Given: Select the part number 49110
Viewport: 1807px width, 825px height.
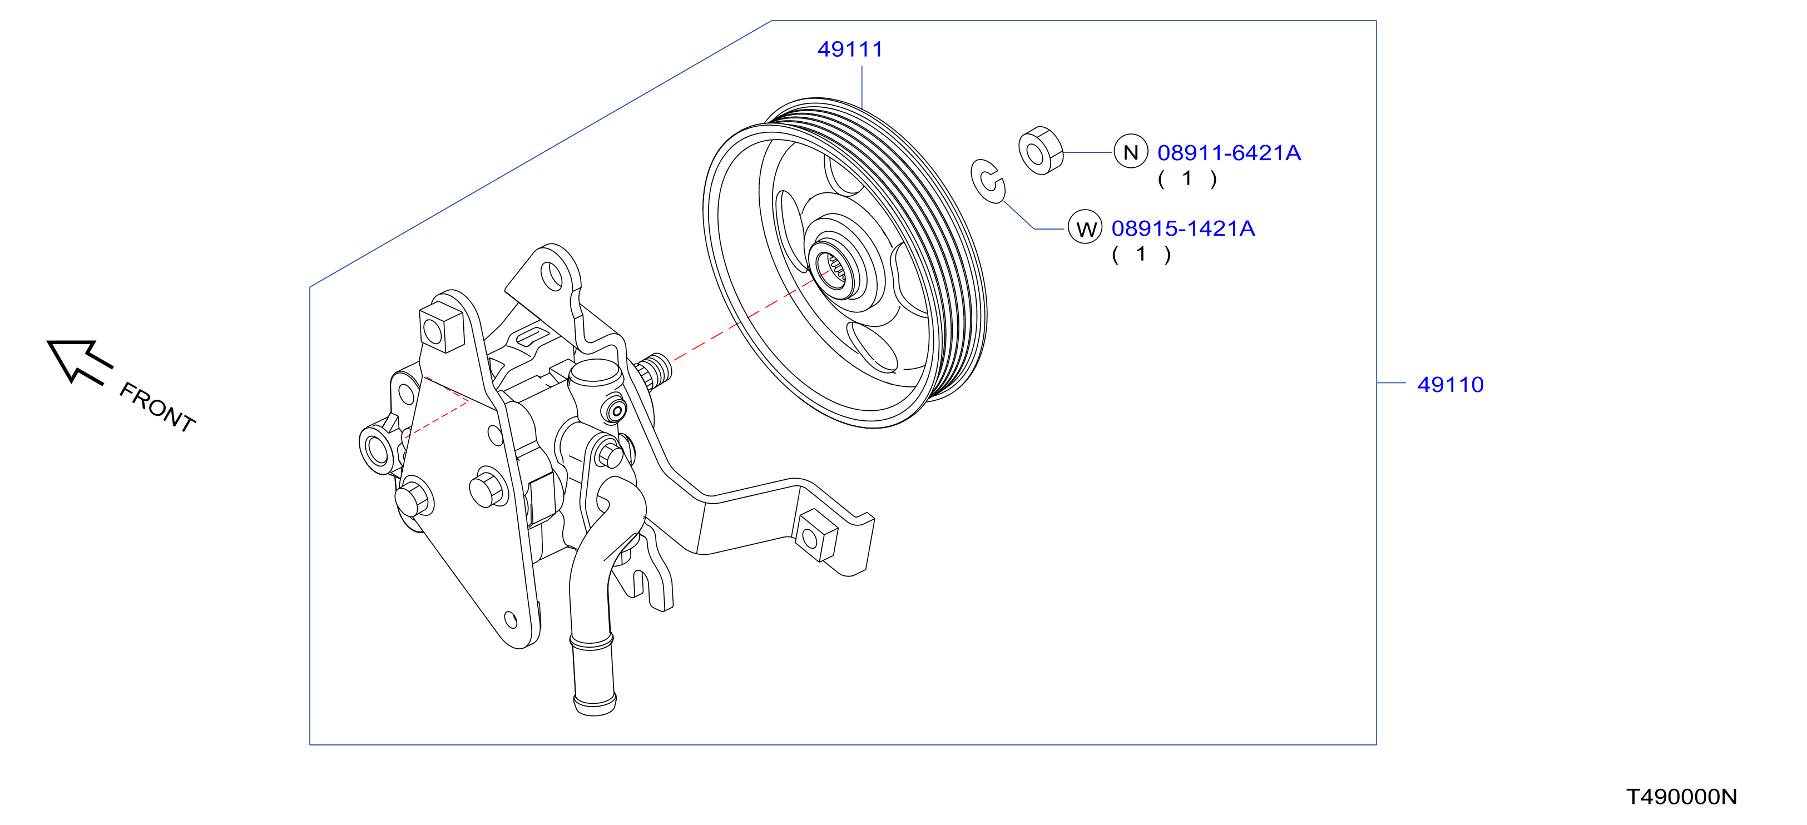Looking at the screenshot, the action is click(x=1450, y=385).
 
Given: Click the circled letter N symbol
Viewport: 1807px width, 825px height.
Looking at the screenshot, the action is click(x=1130, y=152).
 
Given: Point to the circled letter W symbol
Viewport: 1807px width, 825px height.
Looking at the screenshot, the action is click(x=1085, y=228).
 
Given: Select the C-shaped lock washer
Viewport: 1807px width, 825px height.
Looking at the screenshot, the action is click(x=987, y=181).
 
